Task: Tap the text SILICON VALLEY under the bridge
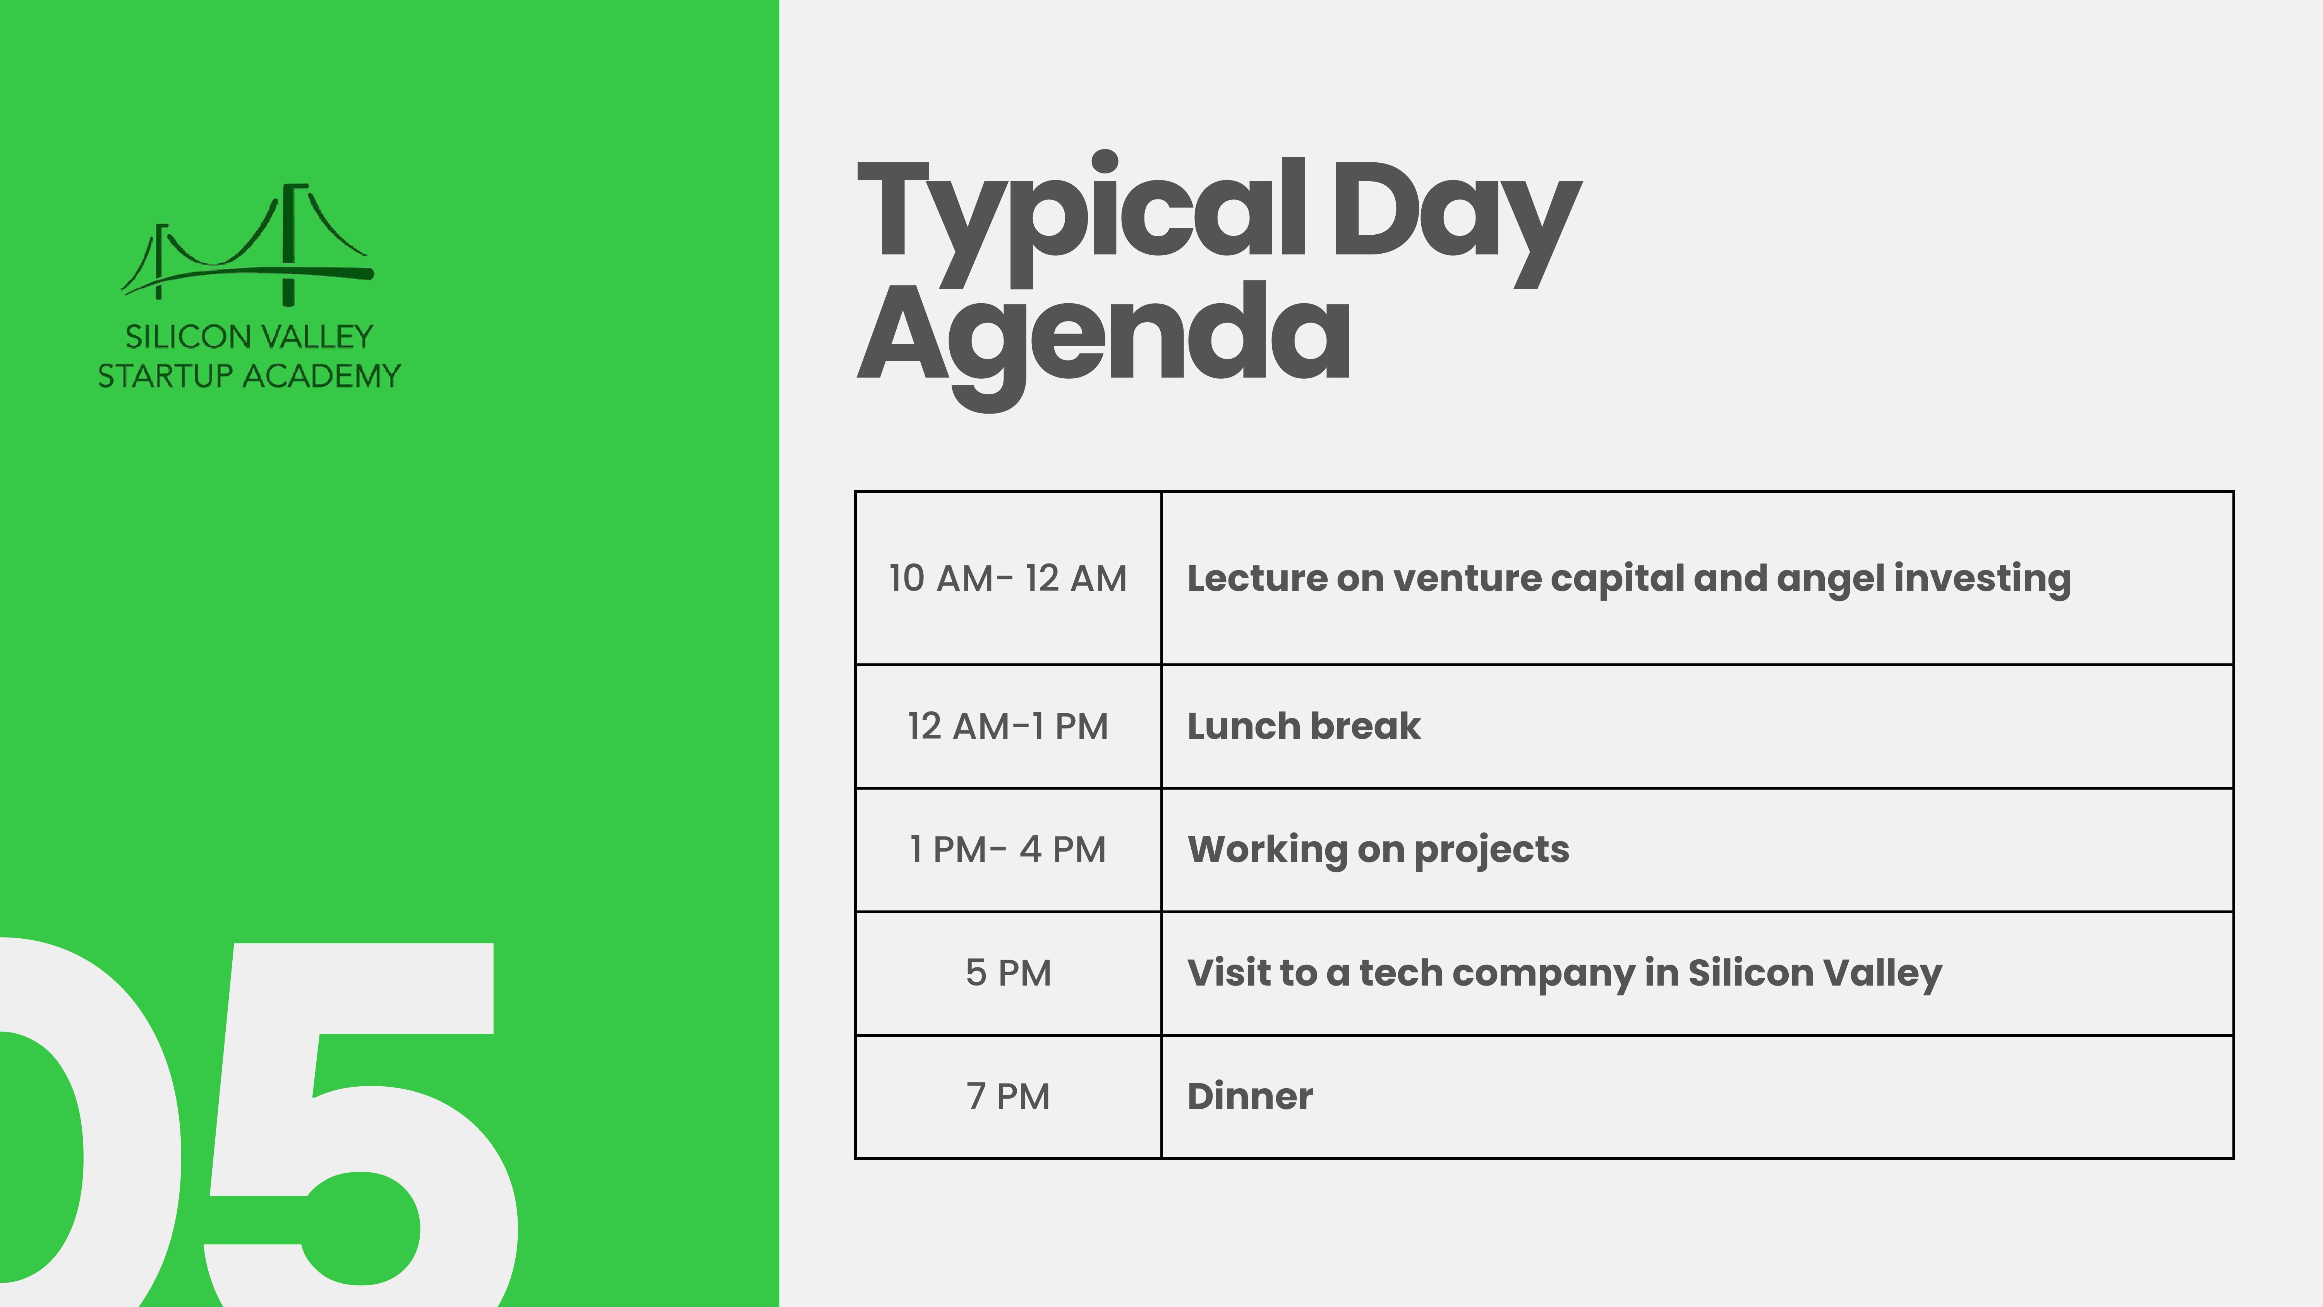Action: (249, 337)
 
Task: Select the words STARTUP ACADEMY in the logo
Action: (249, 375)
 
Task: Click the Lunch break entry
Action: (1304, 726)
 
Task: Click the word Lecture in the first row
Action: (1257, 578)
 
